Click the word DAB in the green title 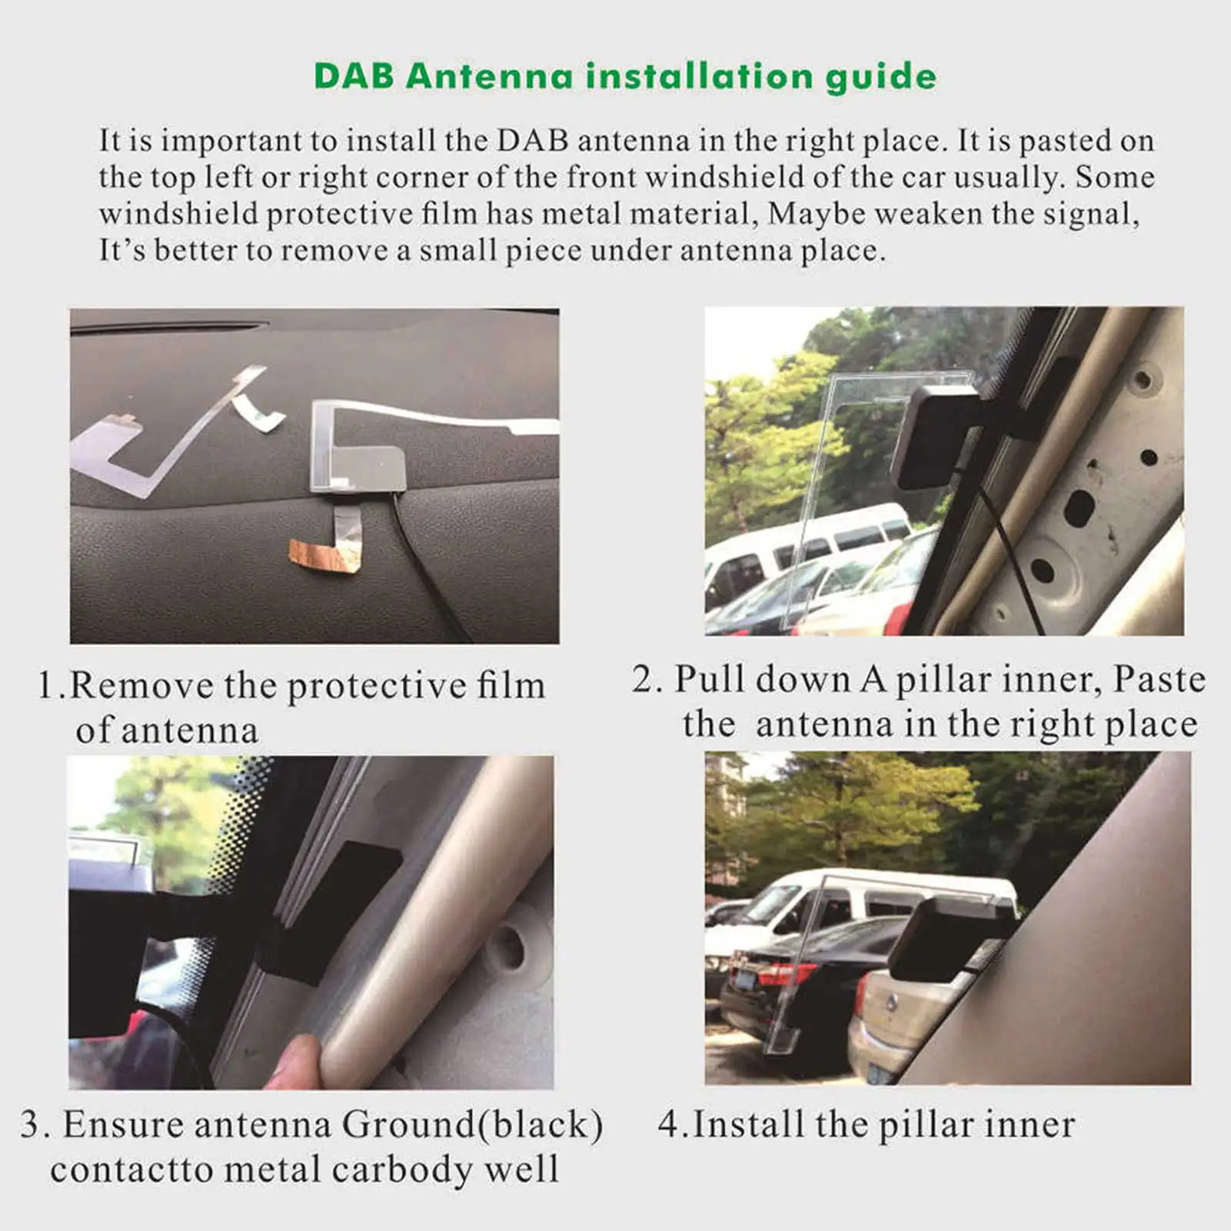354,76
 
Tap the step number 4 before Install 668,1126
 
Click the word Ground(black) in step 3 471,1125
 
